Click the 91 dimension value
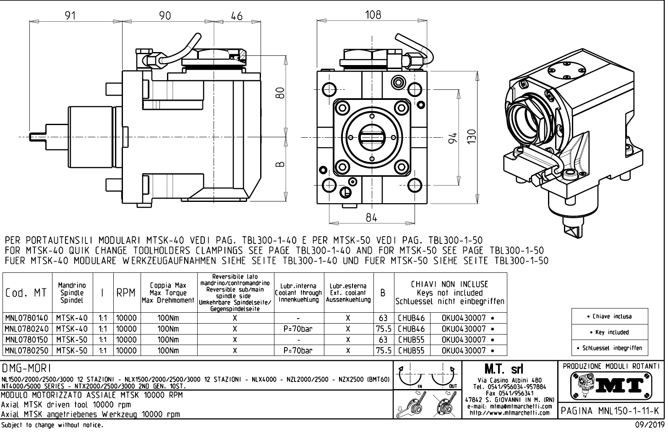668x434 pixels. pyautogui.click(x=70, y=16)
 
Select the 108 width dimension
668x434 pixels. pyautogui.click(x=373, y=15)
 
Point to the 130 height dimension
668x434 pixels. pyautogui.click(x=473, y=136)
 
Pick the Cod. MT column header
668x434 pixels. pyautogui.click(x=26, y=293)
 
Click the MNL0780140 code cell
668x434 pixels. pyautogui.click(x=26, y=318)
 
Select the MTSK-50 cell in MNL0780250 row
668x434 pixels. pyautogui.click(x=72, y=350)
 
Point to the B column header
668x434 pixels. pyautogui.click(x=383, y=293)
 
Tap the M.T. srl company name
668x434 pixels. pyautogui.click(x=508, y=369)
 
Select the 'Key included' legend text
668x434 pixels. pyautogui.click(x=610, y=332)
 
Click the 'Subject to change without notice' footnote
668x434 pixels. pyautogui.click(x=52, y=425)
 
